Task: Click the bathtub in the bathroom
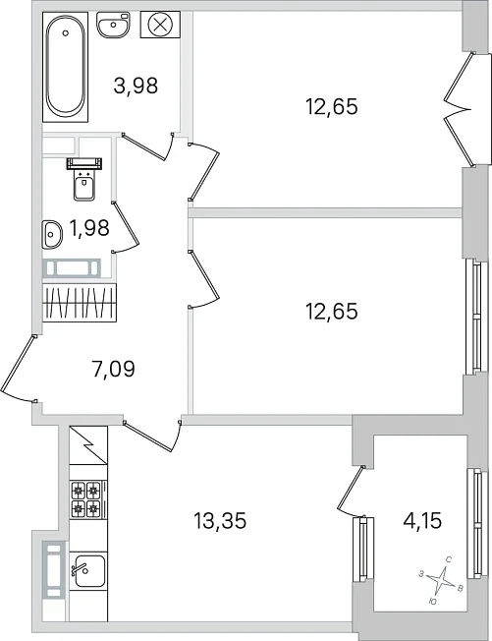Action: coord(66,67)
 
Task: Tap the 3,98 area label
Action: coord(136,87)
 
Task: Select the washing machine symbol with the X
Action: coord(160,25)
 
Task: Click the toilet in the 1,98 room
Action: coord(84,179)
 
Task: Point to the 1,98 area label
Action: coord(89,228)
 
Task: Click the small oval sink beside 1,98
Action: coord(52,234)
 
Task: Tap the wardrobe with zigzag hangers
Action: coord(80,303)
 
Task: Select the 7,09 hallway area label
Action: coord(114,369)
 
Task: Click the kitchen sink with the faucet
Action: coord(87,569)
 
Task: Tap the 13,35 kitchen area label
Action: coord(220,521)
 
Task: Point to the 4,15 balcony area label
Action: coord(421,521)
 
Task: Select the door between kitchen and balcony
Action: coord(351,491)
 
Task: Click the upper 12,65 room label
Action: coord(331,107)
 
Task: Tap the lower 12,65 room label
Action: coord(331,312)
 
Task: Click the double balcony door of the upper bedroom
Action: coord(460,109)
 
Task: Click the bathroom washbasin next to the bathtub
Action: coord(114,25)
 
